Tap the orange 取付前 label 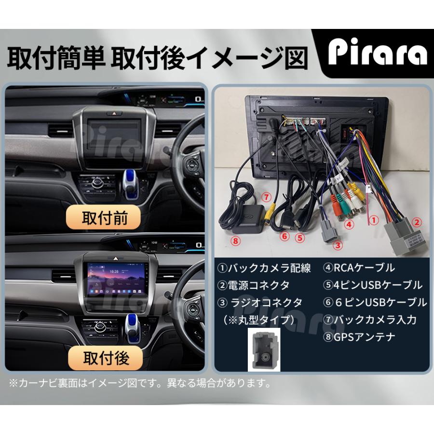pyautogui.click(x=103, y=217)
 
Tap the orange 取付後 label pyautogui.click(x=105, y=358)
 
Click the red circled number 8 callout pyautogui.click(x=235, y=241)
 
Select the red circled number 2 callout pyautogui.click(x=417, y=222)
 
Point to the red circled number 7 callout pyautogui.click(x=266, y=197)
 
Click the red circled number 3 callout pyautogui.click(x=338, y=244)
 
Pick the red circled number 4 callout pyautogui.click(x=349, y=224)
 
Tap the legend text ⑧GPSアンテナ pyautogui.click(x=359, y=337)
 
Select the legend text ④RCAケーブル pyautogui.click(x=359, y=268)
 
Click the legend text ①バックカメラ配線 pyautogui.click(x=264, y=268)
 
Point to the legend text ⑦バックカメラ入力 pyautogui.click(x=370, y=320)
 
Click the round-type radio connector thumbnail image pyautogui.click(x=264, y=350)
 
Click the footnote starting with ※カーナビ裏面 pyautogui.click(x=140, y=383)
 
